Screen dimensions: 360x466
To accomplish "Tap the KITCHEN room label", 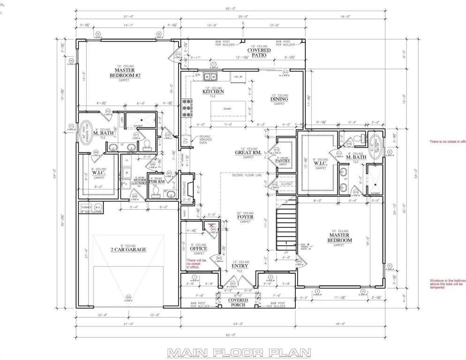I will pyautogui.click(x=213, y=91).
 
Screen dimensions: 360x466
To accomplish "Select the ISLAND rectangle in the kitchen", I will pyautogui.click(x=227, y=109).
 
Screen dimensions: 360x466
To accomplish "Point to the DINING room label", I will pyautogui.click(x=279, y=98).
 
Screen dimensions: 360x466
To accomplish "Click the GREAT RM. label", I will pyautogui.click(x=248, y=152).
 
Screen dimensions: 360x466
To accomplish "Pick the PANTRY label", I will pyautogui.click(x=283, y=160).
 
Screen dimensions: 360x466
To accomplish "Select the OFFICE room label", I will pyautogui.click(x=198, y=248).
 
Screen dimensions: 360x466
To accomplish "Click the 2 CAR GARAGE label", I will pyautogui.click(x=128, y=249).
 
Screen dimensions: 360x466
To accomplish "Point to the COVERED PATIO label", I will pyautogui.click(x=259, y=52).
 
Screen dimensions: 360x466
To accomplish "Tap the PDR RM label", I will pyautogui.click(x=157, y=180).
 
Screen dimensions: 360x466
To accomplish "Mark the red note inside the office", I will pyautogui.click(x=196, y=263).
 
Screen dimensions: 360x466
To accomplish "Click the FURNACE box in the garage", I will pyautogui.click(x=86, y=207).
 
